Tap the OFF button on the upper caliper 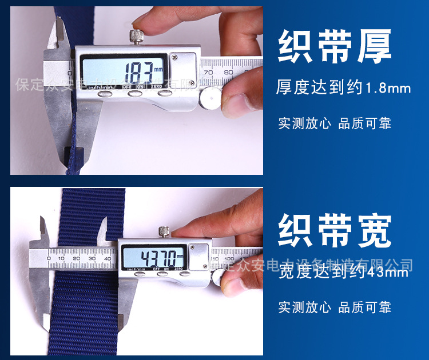tap(135, 93)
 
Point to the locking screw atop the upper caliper tap(138, 38)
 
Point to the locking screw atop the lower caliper tap(164, 231)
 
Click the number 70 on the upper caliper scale tap(209, 73)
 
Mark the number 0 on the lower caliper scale tap(49, 259)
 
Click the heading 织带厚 tap(335, 46)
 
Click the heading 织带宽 tap(335, 230)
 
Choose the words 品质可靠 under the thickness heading tap(365, 123)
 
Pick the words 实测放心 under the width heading tap(304, 307)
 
